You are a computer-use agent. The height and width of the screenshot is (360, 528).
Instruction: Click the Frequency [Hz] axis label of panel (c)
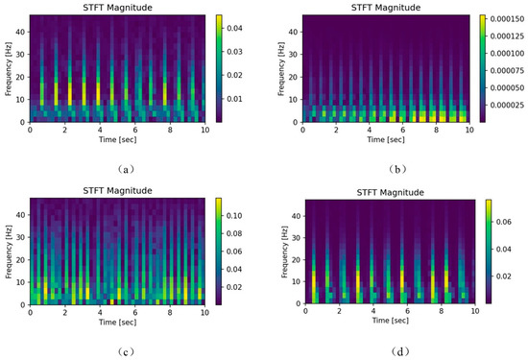coord(7,252)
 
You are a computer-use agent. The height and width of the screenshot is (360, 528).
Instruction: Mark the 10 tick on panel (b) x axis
coord(469,131)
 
